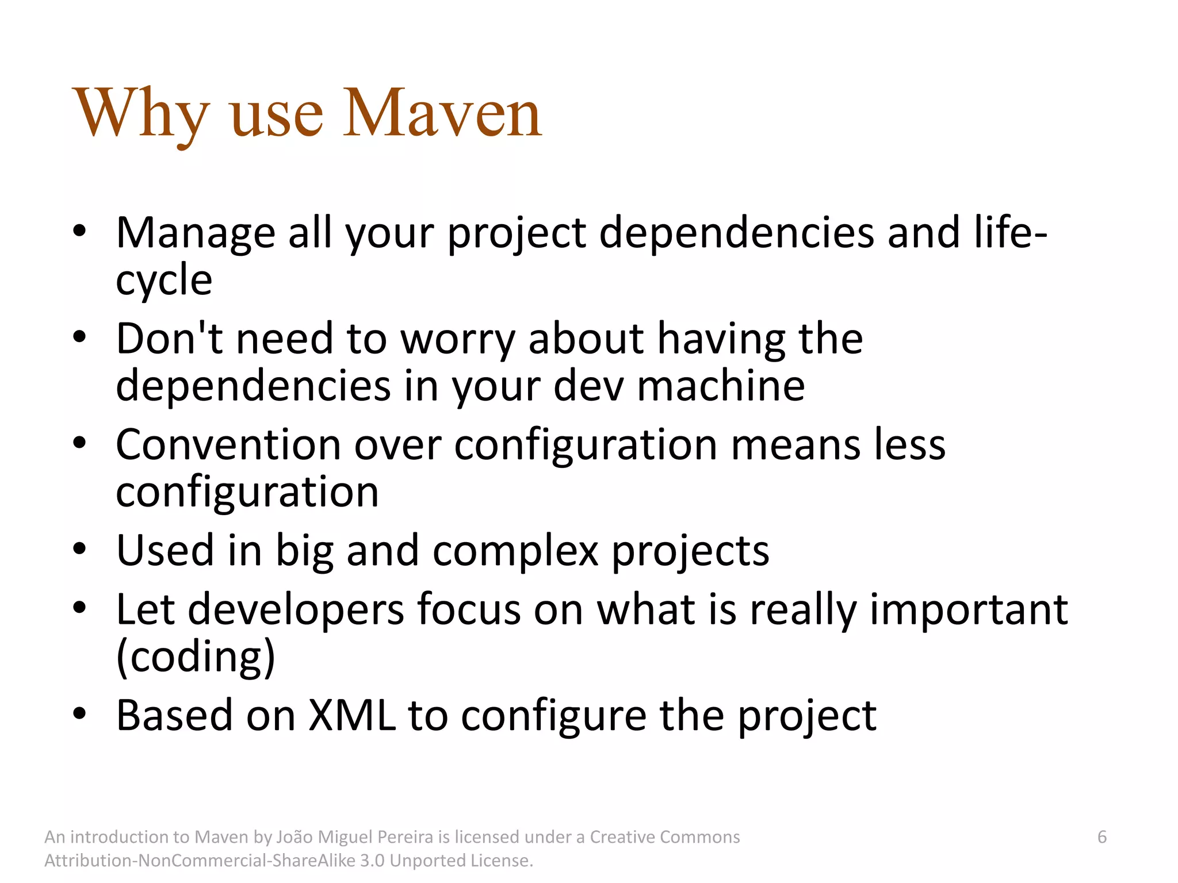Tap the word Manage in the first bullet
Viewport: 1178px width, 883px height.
(196, 233)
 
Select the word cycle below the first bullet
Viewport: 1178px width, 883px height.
(164, 280)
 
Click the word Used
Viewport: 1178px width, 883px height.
(165, 550)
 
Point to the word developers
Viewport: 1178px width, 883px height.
(296, 609)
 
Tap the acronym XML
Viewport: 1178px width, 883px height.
(352, 715)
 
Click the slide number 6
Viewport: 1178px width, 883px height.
(1101, 837)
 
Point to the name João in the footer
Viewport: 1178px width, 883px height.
(293, 837)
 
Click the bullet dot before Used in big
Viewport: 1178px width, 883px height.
(79, 549)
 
